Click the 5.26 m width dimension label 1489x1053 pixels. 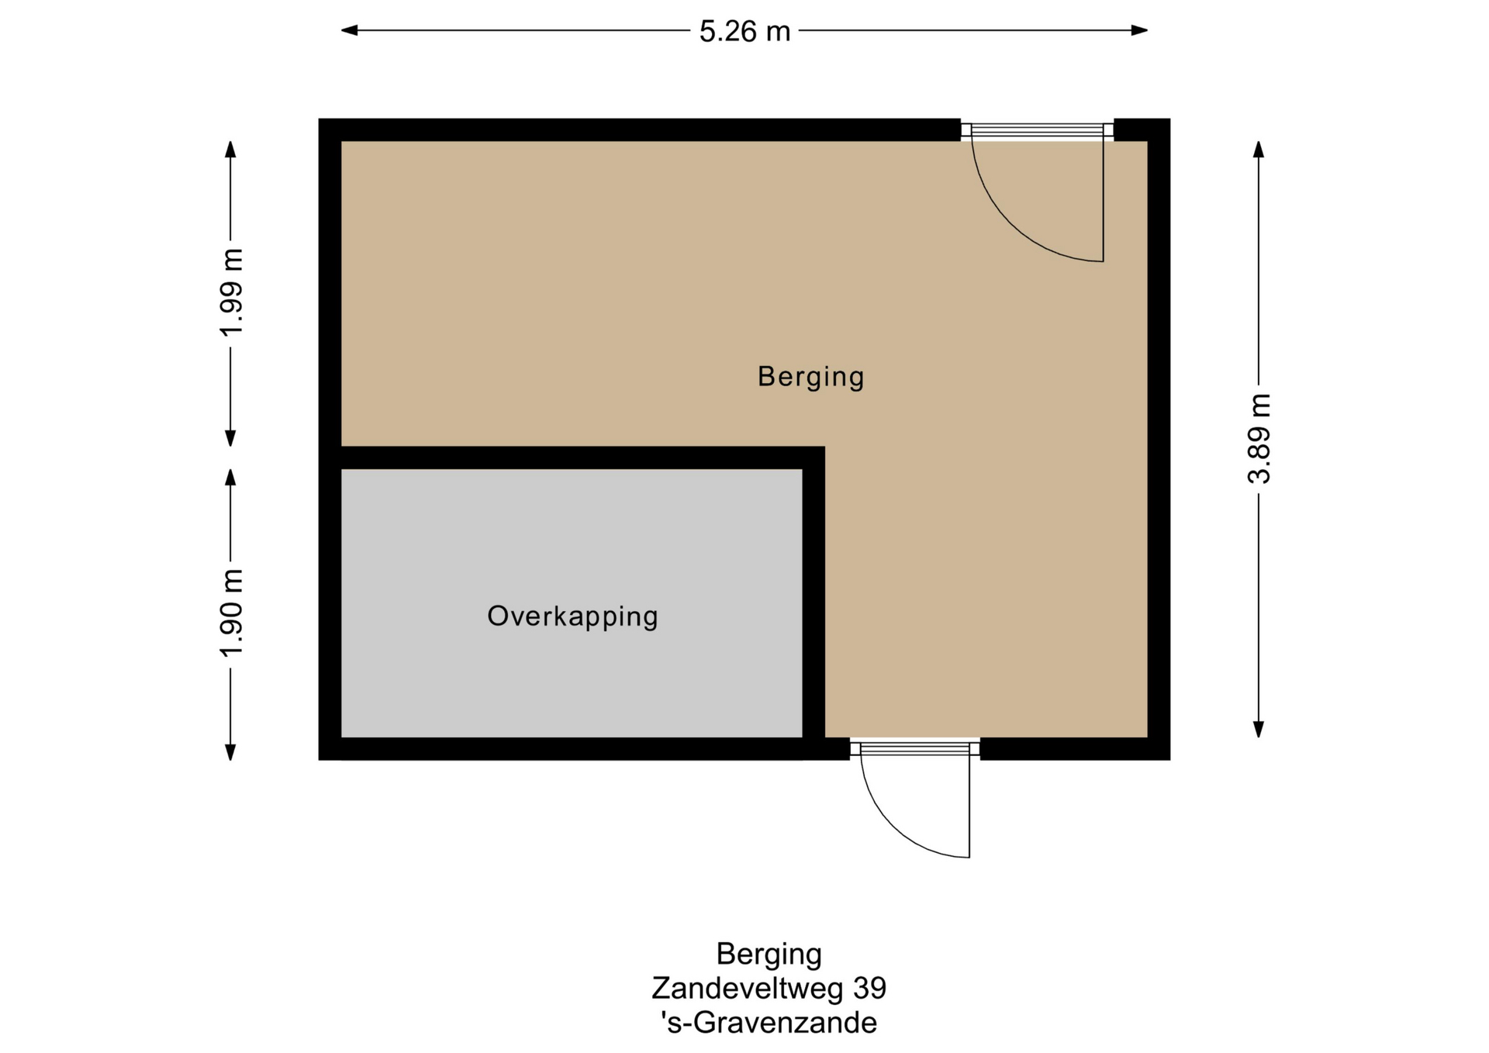744,31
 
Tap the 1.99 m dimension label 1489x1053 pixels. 232,292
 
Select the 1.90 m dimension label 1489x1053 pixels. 232,613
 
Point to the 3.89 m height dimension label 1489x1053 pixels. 1259,438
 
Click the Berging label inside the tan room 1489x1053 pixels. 810,377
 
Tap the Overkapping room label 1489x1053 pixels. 572,616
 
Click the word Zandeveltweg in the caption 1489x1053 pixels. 748,988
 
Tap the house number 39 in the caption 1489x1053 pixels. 869,988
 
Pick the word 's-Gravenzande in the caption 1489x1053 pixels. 769,1023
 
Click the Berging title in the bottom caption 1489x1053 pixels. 769,955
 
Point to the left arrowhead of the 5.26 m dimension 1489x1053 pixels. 349,30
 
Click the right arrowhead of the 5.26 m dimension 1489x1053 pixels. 1139,30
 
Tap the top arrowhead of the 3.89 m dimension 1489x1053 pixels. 1259,150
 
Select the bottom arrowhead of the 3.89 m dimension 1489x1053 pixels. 1259,729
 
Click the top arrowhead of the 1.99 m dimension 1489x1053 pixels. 230,150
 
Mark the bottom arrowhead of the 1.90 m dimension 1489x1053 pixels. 230,752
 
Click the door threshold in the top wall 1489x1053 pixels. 1038,130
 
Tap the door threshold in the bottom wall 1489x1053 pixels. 915,748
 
